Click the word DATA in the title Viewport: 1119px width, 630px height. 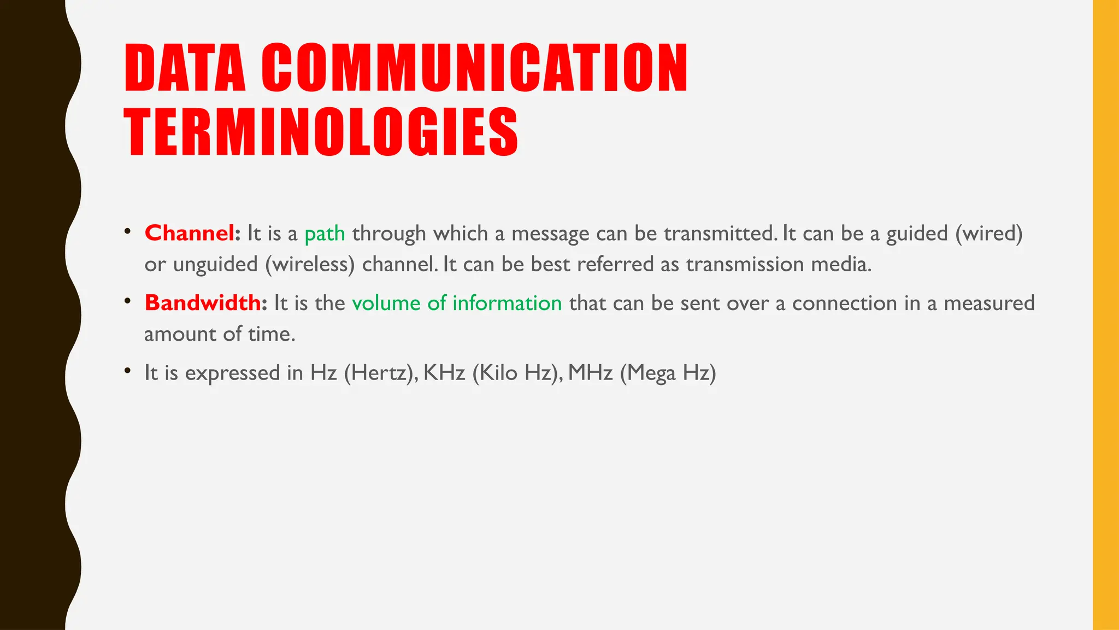pos(185,68)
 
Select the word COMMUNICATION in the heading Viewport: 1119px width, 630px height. pos(474,68)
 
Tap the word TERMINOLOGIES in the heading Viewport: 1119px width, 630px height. pos(321,132)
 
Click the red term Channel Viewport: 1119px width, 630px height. pos(190,234)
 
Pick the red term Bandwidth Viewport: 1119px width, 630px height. pos(203,303)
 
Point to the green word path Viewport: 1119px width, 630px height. pos(325,234)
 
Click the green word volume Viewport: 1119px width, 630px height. pos(386,303)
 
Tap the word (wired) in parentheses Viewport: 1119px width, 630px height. pos(988,234)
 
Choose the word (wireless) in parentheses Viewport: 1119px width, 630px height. pos(310,264)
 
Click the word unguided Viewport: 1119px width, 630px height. pos(215,265)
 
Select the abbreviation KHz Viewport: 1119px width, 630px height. pos(444,373)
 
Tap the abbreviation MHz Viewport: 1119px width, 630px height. pos(590,373)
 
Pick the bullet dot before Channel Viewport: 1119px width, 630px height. pos(127,231)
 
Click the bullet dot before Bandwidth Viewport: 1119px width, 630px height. pos(127,301)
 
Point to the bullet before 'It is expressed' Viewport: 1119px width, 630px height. pos(127,371)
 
